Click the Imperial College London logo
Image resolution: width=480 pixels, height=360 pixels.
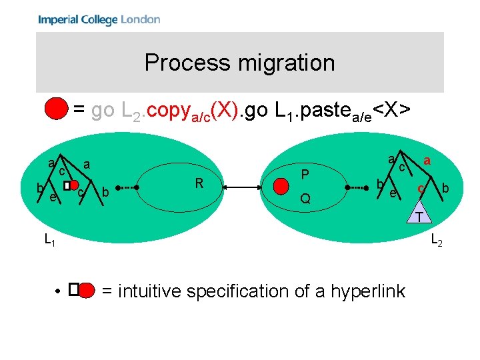pyautogui.click(x=99, y=20)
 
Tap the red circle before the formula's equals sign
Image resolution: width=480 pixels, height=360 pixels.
pyautogui.click(x=57, y=109)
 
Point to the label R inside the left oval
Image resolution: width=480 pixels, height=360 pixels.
pyautogui.click(x=199, y=182)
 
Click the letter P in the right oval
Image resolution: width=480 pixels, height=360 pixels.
pyautogui.click(x=304, y=175)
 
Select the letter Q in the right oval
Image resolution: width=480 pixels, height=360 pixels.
pyautogui.click(x=305, y=199)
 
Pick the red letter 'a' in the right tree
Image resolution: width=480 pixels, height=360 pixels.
pyautogui.click(x=427, y=161)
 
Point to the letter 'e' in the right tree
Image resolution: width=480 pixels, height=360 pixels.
pyautogui.click(x=393, y=193)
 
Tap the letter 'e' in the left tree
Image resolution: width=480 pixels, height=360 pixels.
pyautogui.click(x=52, y=197)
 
